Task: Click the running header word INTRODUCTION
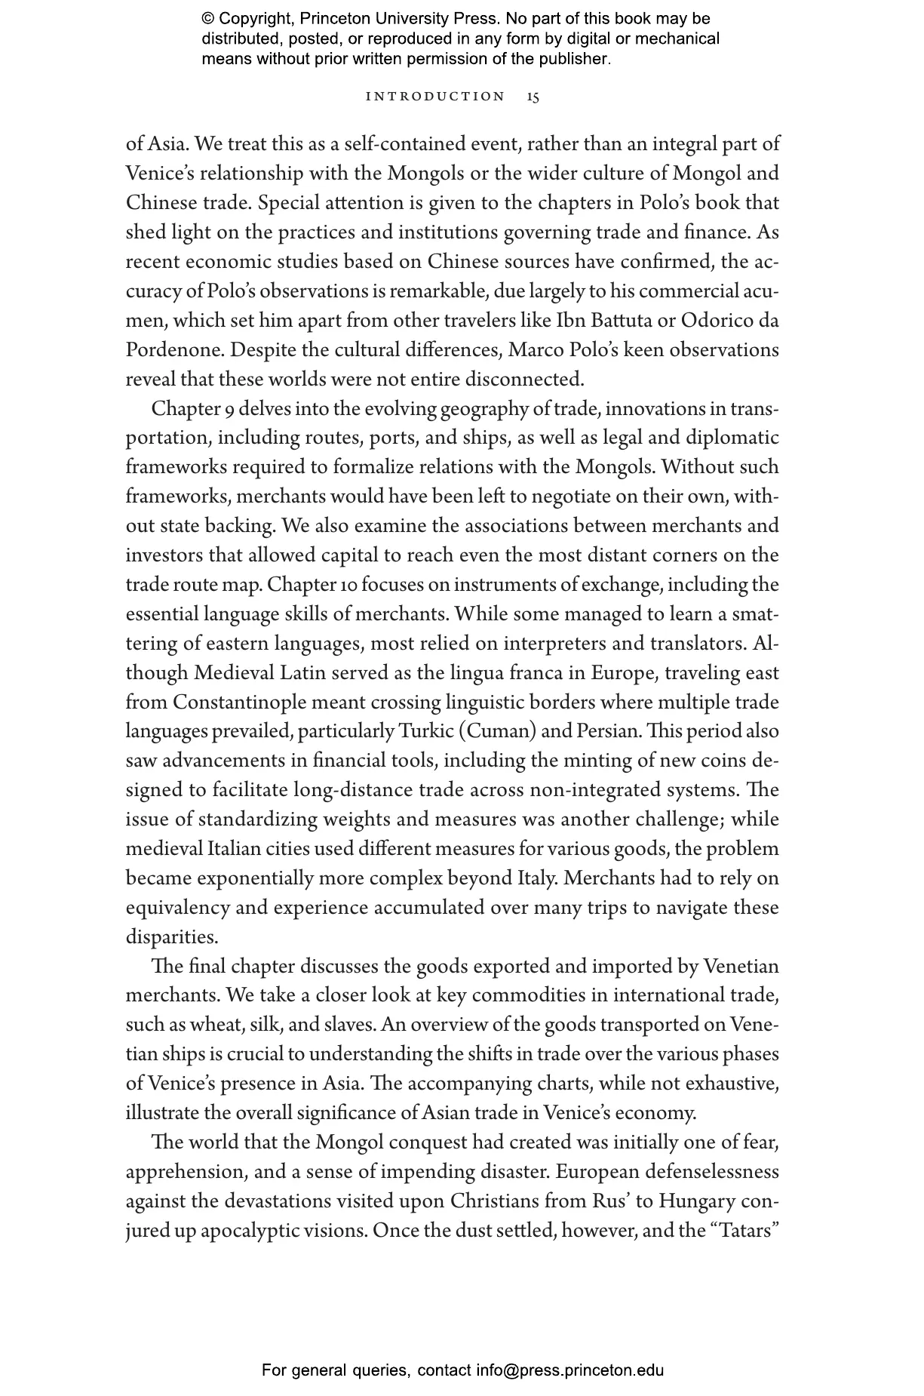point(435,97)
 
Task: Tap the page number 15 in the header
point(533,97)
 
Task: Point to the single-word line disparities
point(172,937)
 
